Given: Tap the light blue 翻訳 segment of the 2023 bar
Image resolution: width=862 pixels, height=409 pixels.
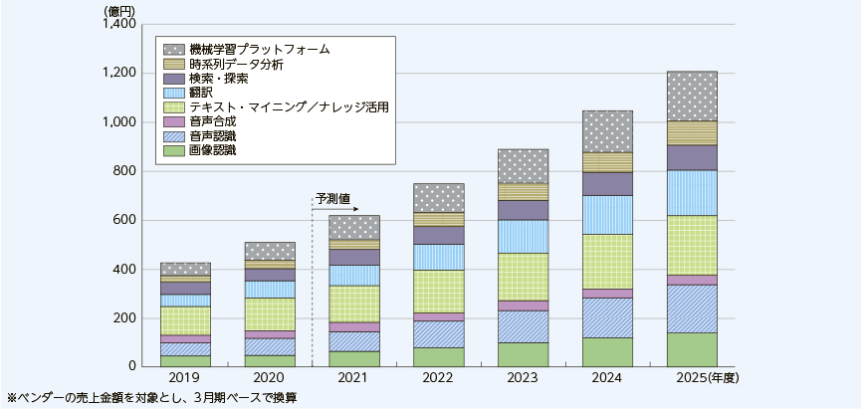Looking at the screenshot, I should pos(523,237).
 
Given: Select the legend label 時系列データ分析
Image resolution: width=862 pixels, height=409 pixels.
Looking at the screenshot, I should pos(236,63).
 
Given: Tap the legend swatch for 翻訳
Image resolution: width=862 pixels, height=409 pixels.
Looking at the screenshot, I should pos(173,92).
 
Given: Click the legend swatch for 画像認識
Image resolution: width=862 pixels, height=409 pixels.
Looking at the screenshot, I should pos(173,149).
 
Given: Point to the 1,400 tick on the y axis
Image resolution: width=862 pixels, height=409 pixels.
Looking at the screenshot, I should pos(121,24).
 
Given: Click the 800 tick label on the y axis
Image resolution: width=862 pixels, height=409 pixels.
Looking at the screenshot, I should pos(129,171).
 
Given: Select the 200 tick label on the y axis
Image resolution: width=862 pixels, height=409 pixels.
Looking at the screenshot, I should pos(129,318).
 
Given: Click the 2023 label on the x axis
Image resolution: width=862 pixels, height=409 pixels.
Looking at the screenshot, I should pos(523,379).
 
